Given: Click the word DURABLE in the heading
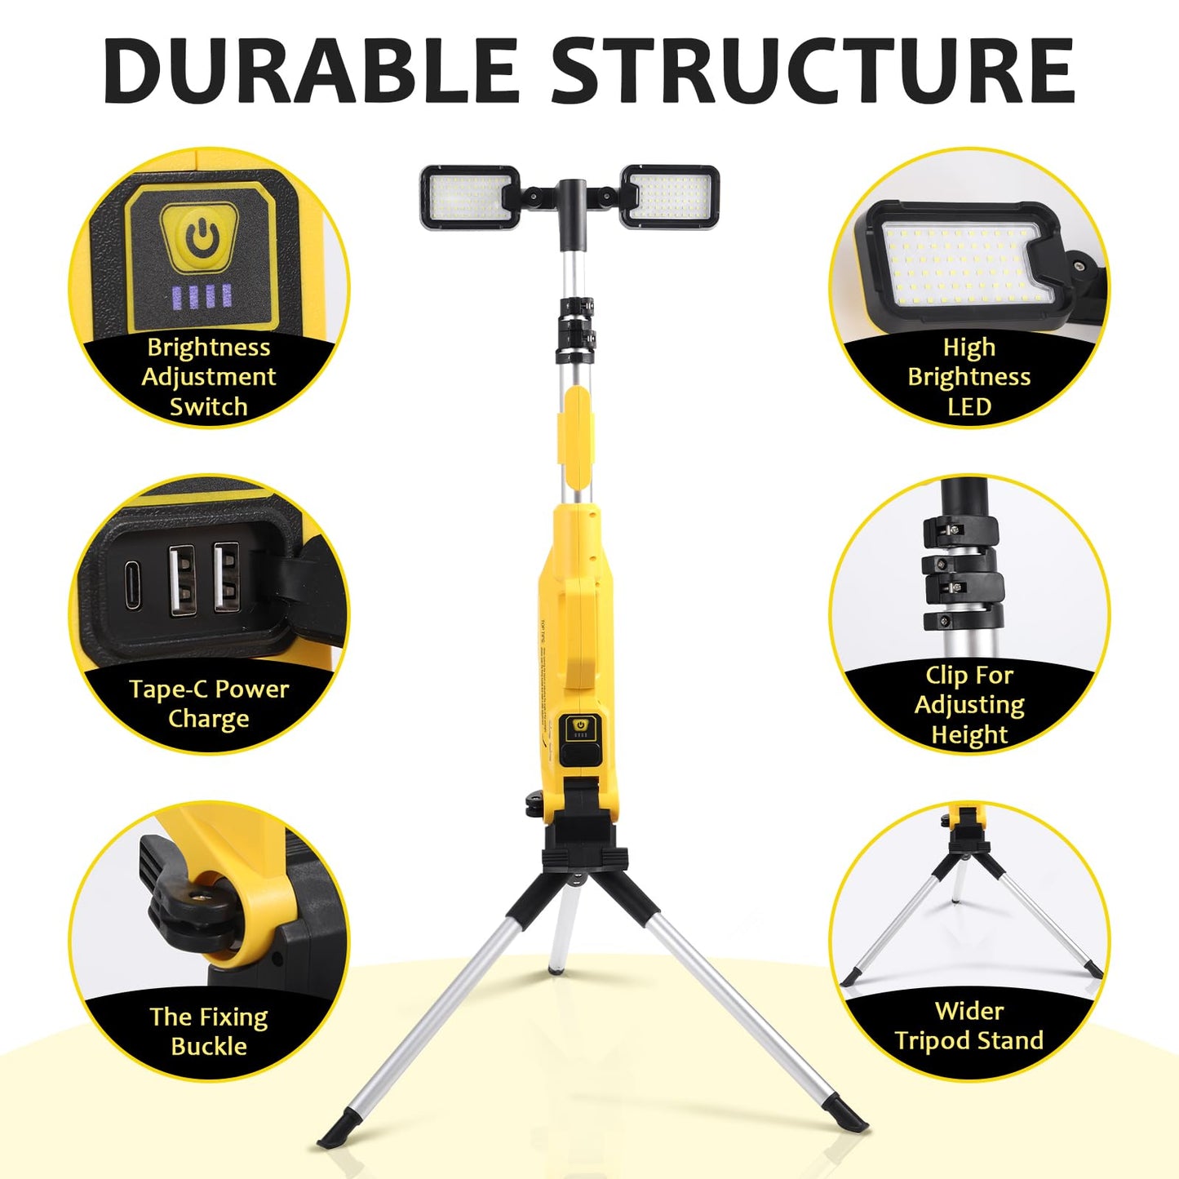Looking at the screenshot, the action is click(311, 71).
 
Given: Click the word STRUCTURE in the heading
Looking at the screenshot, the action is click(813, 71).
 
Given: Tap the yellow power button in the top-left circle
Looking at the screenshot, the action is click(199, 237).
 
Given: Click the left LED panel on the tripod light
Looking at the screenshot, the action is click(470, 197).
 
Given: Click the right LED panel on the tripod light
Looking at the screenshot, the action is click(670, 197).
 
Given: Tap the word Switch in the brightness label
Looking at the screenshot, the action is click(209, 406).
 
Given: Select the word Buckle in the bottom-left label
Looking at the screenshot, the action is click(209, 1046).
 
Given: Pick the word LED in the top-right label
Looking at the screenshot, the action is click(969, 407).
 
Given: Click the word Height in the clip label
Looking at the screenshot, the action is click(969, 735).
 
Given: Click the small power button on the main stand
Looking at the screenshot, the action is click(580, 725).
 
